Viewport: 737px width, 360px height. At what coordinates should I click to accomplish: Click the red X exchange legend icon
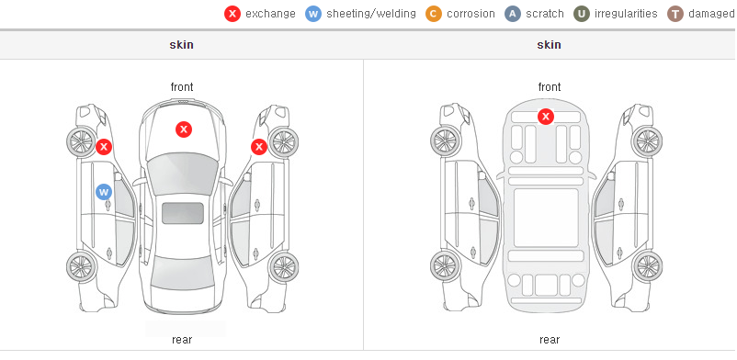[232, 14]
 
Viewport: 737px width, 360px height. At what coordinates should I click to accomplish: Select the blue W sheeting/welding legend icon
[313, 14]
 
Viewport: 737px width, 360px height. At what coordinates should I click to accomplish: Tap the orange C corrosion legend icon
[434, 14]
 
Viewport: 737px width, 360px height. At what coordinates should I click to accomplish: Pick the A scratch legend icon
[513, 14]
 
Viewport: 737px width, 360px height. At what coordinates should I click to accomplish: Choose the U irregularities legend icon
[582, 14]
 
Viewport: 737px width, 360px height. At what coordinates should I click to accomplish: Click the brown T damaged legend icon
[675, 14]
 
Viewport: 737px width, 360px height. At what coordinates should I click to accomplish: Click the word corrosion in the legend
[471, 14]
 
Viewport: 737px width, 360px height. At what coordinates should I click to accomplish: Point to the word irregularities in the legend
[626, 14]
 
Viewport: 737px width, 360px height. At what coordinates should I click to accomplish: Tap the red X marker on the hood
[184, 129]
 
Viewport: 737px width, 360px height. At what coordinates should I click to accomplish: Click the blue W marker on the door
[104, 192]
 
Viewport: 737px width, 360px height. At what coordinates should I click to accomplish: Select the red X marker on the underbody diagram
[545, 116]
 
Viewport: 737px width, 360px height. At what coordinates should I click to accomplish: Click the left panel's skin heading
[181, 45]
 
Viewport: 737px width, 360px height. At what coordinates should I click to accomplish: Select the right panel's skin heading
[549, 45]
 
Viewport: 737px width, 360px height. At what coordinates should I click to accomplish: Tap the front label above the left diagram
[182, 87]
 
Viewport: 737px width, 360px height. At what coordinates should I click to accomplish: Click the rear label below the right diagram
[550, 340]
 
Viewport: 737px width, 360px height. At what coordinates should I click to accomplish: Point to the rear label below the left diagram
[182, 340]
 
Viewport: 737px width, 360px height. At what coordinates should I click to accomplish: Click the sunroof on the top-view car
[183, 213]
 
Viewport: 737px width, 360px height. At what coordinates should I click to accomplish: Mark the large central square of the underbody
[546, 218]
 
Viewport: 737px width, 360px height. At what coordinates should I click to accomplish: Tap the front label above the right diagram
[550, 87]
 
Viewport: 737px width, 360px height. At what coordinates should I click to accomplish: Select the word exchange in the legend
[270, 14]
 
